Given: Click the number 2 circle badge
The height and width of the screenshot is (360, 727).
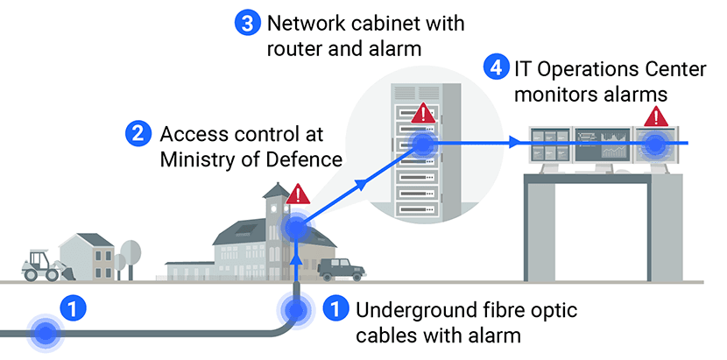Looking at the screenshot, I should [137, 134].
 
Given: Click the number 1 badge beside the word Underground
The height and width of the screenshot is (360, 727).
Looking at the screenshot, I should [335, 308].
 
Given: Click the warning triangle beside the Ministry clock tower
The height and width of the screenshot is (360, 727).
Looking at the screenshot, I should [298, 194].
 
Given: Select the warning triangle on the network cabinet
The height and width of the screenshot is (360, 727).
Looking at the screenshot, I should [424, 113].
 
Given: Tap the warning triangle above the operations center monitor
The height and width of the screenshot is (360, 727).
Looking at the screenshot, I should [654, 117].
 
